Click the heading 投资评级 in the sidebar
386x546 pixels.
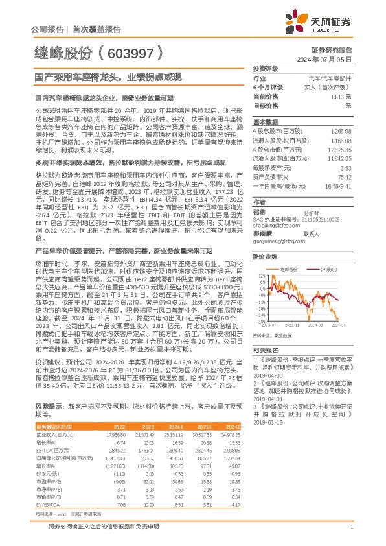[x=265, y=68]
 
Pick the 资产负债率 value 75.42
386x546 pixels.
[x=345, y=176]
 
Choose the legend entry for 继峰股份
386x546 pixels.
[x=288, y=268]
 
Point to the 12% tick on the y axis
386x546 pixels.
[x=260, y=275]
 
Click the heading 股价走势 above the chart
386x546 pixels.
[x=264, y=256]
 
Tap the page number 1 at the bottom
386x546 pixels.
[x=350, y=527]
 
